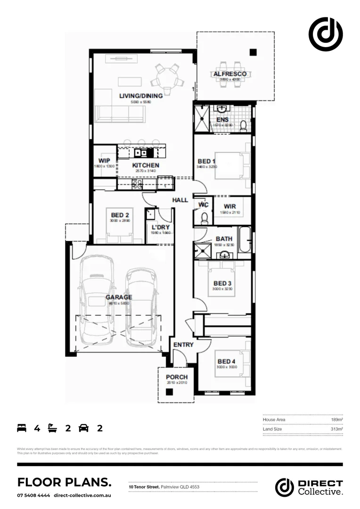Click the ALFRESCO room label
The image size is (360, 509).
(230, 74)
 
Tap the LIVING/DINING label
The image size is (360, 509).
(140, 96)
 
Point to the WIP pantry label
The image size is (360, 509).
(104, 160)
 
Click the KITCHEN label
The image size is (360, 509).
(145, 165)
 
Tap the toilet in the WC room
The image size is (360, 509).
(204, 218)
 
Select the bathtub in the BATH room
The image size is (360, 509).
(245, 239)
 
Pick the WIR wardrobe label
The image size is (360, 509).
(230, 206)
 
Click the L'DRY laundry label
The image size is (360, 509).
(160, 227)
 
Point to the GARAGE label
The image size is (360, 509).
(118, 297)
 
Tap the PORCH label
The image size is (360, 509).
(177, 377)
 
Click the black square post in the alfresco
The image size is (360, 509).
(253, 52)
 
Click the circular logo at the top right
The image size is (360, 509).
(325, 33)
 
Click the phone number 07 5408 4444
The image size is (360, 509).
(33, 496)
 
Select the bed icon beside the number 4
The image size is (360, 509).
(22, 428)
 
